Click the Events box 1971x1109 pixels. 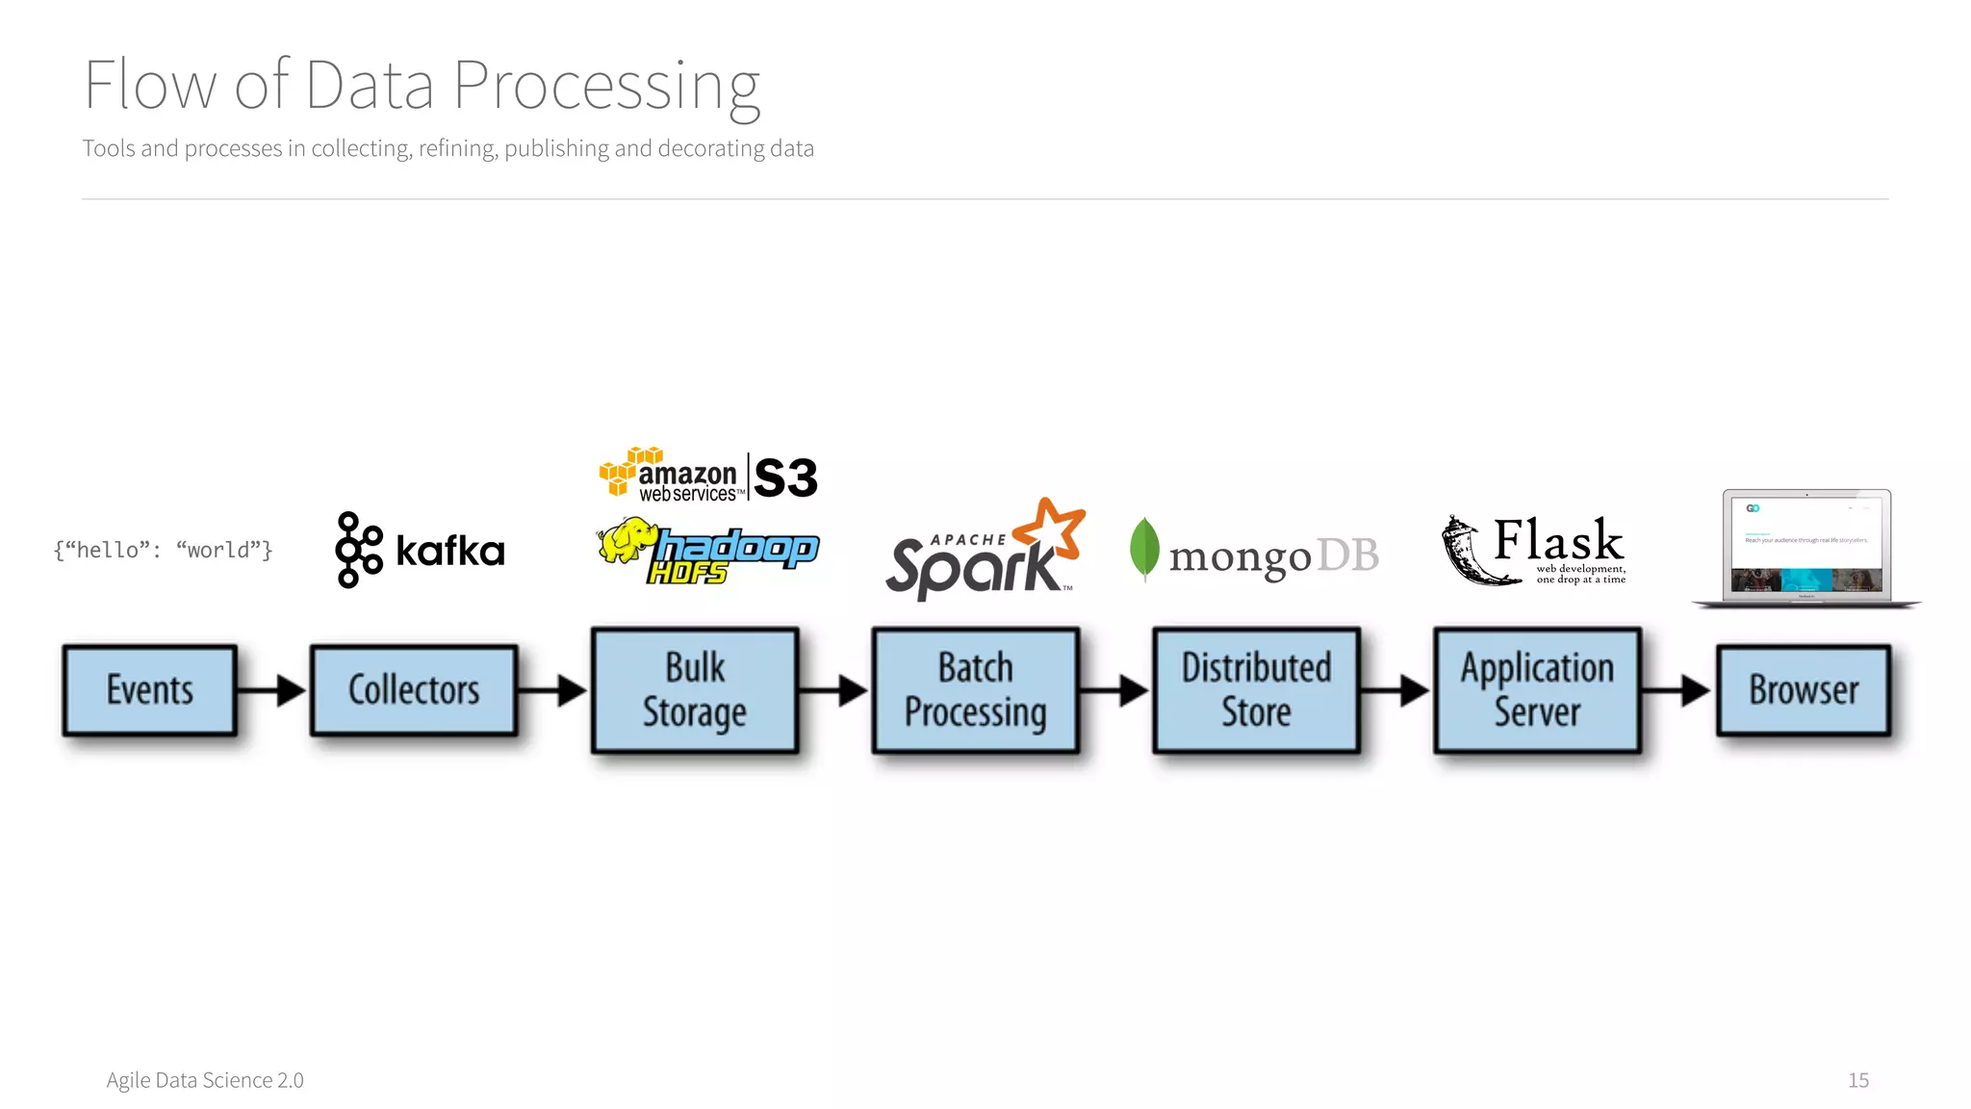tap(150, 690)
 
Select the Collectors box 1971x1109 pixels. tap(414, 690)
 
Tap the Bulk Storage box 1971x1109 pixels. tap(695, 690)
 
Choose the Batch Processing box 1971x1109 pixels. tap(975, 690)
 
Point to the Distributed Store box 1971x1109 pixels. tap(1256, 690)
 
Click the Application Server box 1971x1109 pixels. tap(1537, 690)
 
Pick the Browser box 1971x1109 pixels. tap(1804, 690)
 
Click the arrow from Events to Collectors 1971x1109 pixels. tap(273, 690)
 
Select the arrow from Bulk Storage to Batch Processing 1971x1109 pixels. tap(834, 690)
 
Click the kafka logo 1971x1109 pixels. tap(420, 551)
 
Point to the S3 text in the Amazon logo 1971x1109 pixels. tap(785, 477)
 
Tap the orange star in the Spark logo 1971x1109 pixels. tap(1051, 528)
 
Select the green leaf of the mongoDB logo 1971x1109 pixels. tap(1143, 547)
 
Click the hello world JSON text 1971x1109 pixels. tap(164, 551)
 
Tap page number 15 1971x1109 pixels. tap(1857, 1080)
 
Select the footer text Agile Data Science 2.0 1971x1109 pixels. tap(205, 1080)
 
